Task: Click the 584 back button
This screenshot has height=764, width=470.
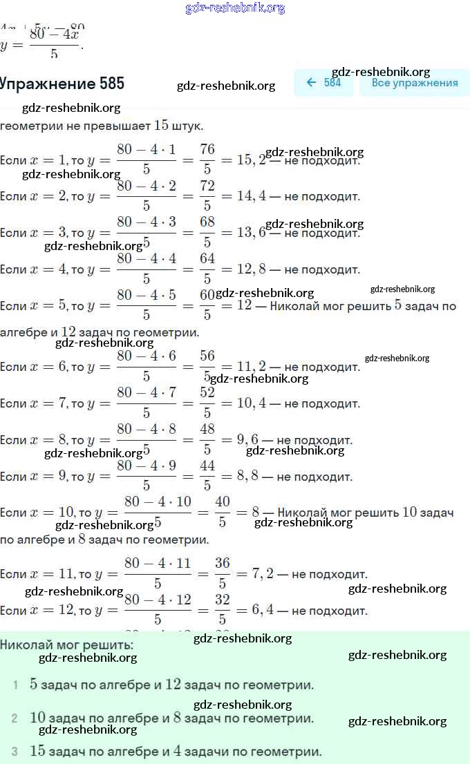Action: (323, 83)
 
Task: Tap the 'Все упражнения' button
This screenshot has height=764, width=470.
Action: (414, 83)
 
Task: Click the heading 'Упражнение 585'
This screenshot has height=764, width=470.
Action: (62, 84)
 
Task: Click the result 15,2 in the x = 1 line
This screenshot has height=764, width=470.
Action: (251, 160)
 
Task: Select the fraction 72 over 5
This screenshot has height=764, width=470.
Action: (207, 195)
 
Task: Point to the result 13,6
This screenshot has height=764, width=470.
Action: (251, 233)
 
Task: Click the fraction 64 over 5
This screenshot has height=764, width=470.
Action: (207, 269)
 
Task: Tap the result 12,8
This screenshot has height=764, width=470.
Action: (251, 269)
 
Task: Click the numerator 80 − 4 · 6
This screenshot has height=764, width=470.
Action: (147, 356)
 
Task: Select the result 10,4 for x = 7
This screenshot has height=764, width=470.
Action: (251, 403)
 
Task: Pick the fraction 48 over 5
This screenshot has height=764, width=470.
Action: (207, 439)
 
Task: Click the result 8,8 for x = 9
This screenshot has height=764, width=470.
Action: (251, 477)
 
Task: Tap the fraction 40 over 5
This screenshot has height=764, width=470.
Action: (222, 512)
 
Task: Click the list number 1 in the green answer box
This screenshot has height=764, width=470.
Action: (15, 685)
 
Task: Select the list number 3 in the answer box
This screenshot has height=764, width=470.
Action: (15, 752)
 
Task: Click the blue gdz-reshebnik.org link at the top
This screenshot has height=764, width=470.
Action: (235, 8)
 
